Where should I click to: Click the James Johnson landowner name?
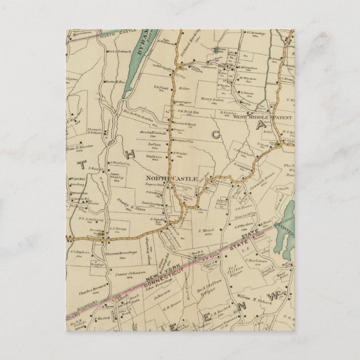pos(127,273)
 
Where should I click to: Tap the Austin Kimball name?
pos(151,132)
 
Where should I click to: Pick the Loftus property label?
pos(154,143)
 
